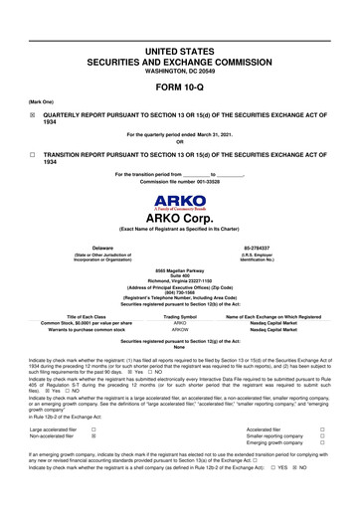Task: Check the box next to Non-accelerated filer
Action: coord(93,435)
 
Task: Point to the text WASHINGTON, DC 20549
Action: coord(180,72)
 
